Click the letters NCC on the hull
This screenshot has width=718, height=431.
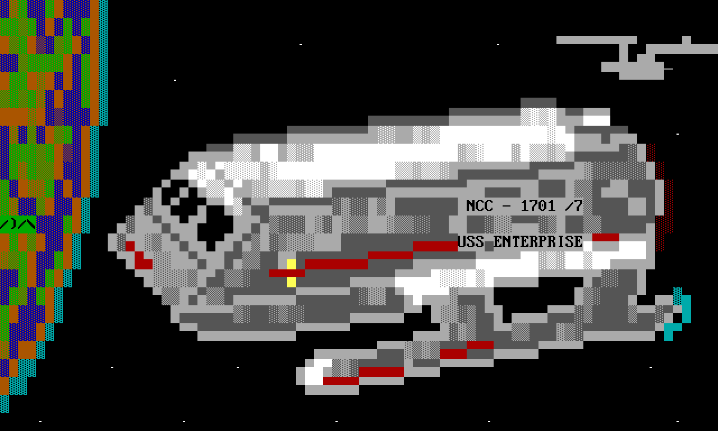[480, 206]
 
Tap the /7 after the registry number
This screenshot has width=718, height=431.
[574, 206]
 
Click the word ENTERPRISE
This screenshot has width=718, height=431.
[538, 242]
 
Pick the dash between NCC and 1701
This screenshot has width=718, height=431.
[507, 207]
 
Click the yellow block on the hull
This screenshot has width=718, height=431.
[292, 273]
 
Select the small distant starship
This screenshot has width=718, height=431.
[628, 56]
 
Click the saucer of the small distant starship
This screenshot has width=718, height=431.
[596, 40]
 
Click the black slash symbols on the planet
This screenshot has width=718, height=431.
[18, 224]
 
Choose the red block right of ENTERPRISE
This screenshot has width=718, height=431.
[606, 237]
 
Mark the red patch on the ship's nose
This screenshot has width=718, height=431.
[140, 258]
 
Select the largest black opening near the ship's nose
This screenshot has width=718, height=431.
[216, 224]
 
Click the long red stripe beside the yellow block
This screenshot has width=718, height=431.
[337, 264]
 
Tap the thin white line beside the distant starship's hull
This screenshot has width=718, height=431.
[668, 69]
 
